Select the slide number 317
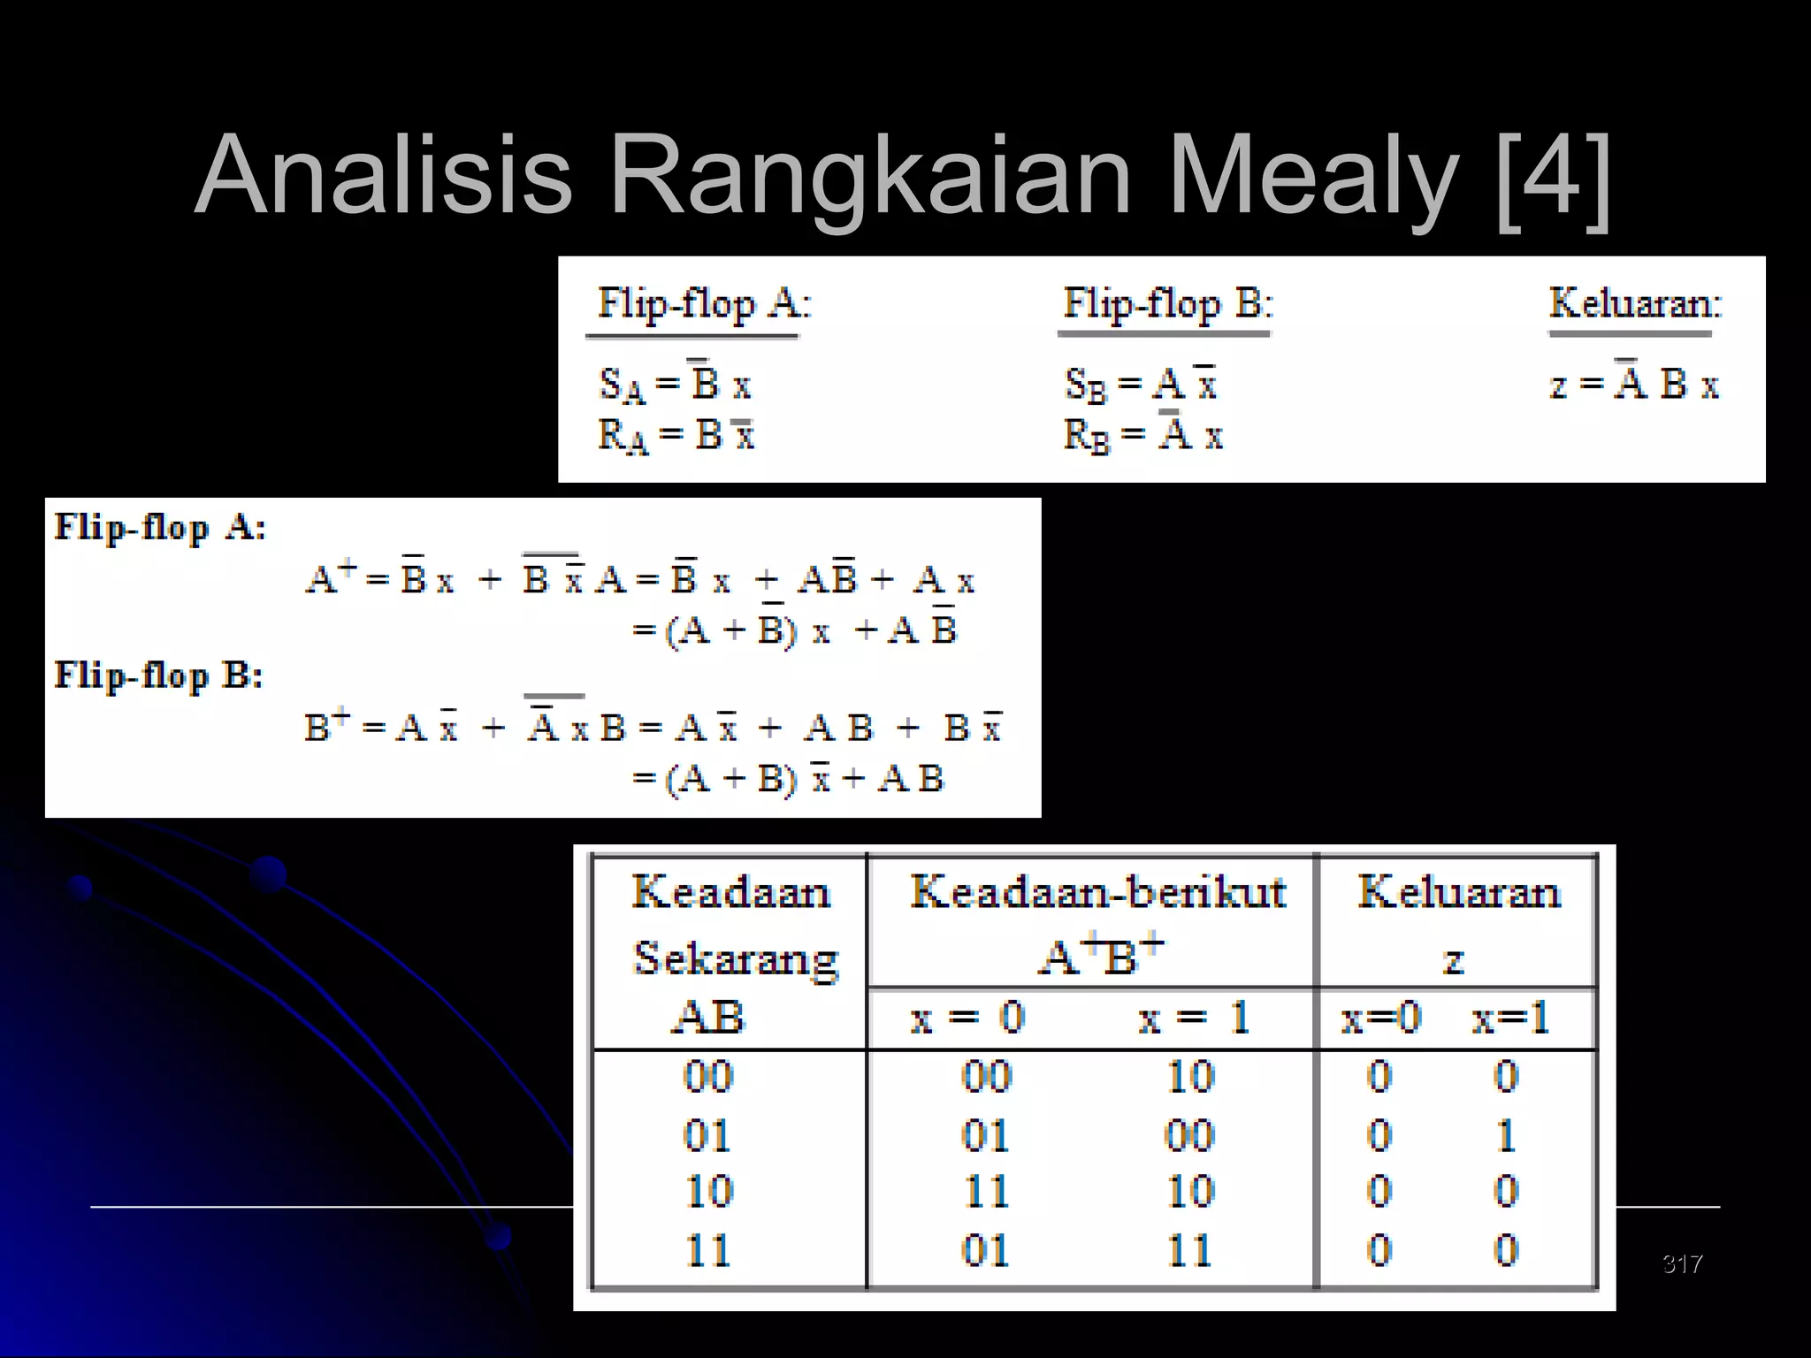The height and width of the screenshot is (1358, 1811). pyautogui.click(x=1682, y=1263)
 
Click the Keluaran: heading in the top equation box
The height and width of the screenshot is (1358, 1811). pyautogui.click(x=1635, y=303)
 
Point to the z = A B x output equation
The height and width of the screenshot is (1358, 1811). pyautogui.click(x=1634, y=384)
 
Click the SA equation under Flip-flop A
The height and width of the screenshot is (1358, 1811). pyautogui.click(x=676, y=385)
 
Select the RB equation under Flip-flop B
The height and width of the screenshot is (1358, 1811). pyautogui.click(x=1142, y=434)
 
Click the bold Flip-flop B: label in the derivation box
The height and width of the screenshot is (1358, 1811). pyautogui.click(x=159, y=675)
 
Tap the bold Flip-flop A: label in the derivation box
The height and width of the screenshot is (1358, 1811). pyautogui.click(x=160, y=528)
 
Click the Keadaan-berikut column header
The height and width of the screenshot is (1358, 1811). pyautogui.click(x=1097, y=891)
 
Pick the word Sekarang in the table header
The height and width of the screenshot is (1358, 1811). pyautogui.click(x=736, y=958)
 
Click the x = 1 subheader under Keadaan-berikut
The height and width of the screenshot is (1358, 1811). pyautogui.click(x=1193, y=1018)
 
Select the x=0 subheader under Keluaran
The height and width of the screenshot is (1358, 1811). pyautogui.click(x=1380, y=1018)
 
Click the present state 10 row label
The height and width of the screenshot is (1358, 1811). pyautogui.click(x=709, y=1192)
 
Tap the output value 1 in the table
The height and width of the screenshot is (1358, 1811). pyautogui.click(x=1507, y=1135)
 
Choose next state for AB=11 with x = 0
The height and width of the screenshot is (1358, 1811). pyautogui.click(x=985, y=1250)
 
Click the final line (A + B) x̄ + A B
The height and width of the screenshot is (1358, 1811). pyautogui.click(x=789, y=779)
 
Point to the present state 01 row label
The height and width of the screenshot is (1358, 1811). pyautogui.click(x=707, y=1135)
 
